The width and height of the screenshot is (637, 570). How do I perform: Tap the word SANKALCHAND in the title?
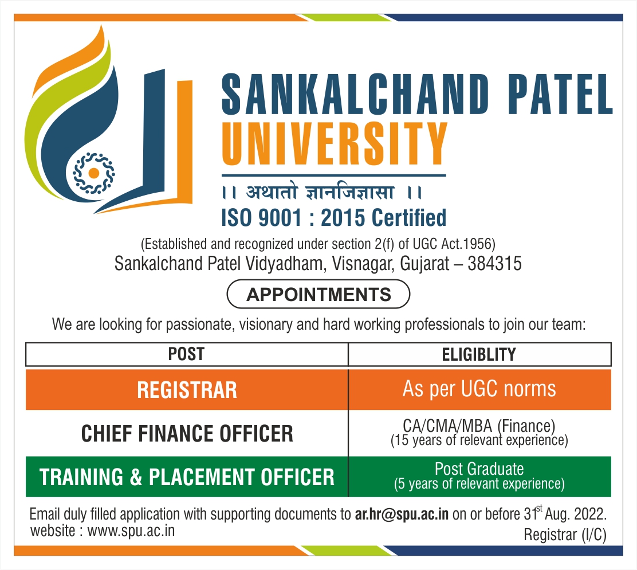[x=355, y=94]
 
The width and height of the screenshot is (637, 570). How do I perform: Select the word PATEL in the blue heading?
[x=560, y=94]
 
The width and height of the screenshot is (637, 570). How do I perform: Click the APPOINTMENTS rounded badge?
[x=318, y=294]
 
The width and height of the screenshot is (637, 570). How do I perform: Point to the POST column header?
[x=187, y=354]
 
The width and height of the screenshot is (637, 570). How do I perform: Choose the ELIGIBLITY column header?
[x=479, y=354]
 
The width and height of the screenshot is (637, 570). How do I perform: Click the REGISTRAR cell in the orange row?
[x=187, y=389]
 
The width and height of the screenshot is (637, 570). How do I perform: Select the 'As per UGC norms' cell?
[x=480, y=389]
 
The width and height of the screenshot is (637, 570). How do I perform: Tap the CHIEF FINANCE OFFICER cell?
[x=187, y=434]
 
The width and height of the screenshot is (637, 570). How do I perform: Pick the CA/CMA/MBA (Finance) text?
[x=479, y=425]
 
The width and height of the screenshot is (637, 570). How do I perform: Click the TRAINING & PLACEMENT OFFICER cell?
[x=187, y=477]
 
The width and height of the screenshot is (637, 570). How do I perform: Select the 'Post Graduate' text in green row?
[x=479, y=469]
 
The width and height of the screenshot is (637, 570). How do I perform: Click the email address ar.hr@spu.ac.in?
[x=402, y=514]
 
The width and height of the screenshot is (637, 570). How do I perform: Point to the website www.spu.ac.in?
[x=131, y=531]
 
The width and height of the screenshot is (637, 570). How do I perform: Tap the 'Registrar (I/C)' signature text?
[x=565, y=534]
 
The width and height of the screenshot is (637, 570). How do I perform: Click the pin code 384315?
[x=494, y=263]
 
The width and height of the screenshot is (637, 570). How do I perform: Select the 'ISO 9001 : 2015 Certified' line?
[x=334, y=217]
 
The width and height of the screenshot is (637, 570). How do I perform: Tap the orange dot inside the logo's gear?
[x=94, y=173]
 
